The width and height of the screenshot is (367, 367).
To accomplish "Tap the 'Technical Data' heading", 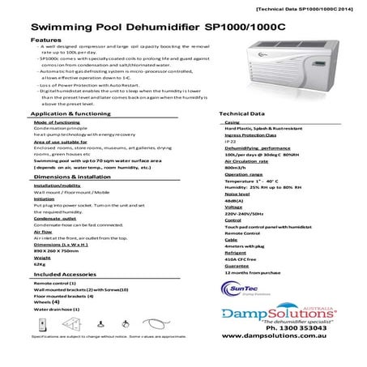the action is point(242,116).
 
